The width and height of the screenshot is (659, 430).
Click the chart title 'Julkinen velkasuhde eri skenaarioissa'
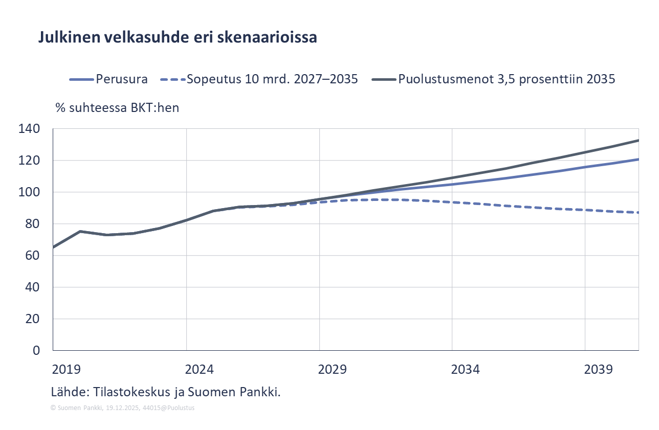177,38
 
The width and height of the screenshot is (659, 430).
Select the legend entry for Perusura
121,79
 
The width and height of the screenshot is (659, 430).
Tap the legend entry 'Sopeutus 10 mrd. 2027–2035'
271,79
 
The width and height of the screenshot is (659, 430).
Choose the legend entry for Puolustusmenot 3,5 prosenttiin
507,79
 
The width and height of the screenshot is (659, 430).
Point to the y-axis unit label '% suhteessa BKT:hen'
117,108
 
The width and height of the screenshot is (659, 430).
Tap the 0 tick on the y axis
36,351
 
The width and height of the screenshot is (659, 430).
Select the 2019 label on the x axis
67,369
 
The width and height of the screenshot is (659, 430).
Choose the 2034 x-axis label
466,369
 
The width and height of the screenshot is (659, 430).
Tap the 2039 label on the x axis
599,369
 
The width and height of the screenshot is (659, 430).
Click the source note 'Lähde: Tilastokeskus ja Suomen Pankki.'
166,392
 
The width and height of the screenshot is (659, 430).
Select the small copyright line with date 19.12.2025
122,408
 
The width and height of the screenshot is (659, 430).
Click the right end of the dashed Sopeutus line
638,212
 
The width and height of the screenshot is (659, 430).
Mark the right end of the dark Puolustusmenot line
638,140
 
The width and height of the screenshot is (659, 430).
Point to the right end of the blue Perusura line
638,159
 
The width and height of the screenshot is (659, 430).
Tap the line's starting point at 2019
54,247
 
